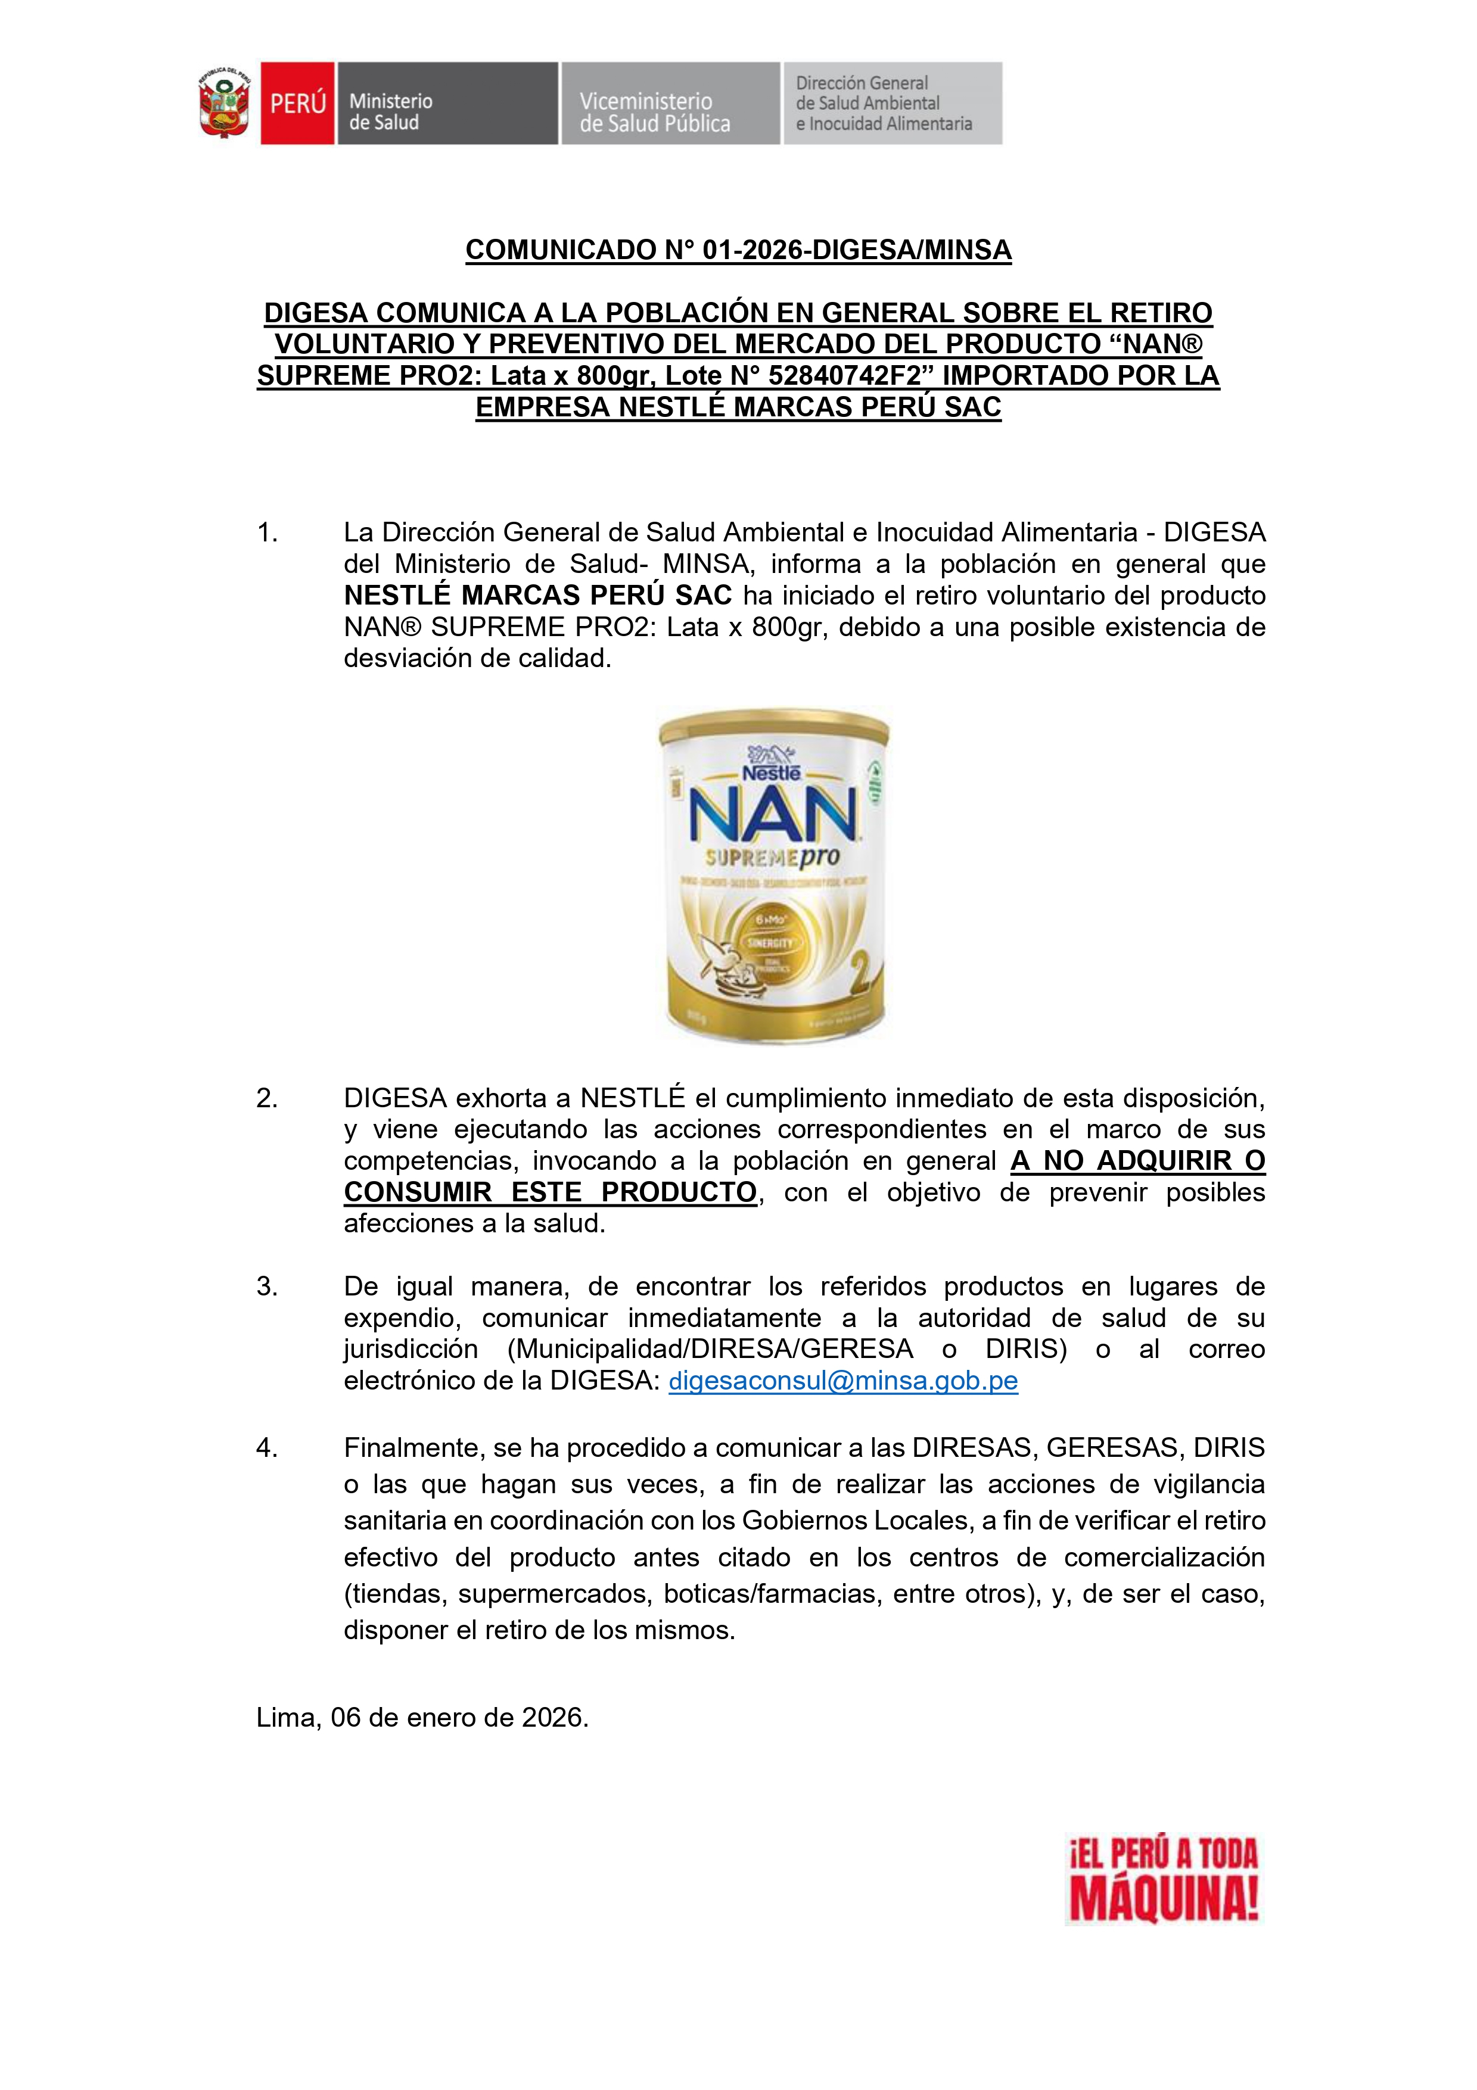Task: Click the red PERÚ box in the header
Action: [298, 104]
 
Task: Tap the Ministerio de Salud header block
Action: [446, 104]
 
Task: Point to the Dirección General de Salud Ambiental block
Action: [893, 104]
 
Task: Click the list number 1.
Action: [267, 532]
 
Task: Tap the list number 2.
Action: [267, 1099]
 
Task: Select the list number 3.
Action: [267, 1287]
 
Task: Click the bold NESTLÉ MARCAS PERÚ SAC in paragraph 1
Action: [537, 596]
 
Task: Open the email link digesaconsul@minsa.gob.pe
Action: [842, 1381]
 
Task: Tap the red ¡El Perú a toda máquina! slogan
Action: [1163, 1878]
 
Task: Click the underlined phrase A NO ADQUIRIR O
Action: [1137, 1161]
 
